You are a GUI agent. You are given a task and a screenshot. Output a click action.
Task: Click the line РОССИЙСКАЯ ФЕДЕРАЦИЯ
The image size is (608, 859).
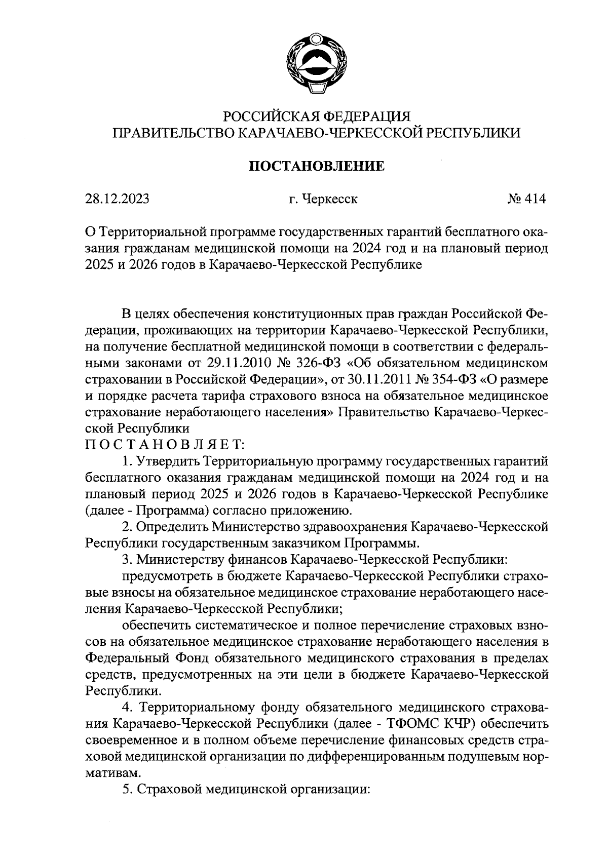[x=316, y=117]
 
